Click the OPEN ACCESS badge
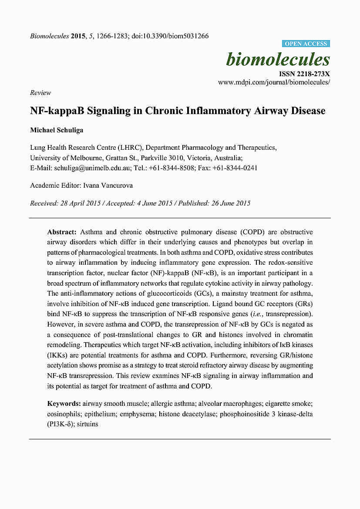pos(306,44)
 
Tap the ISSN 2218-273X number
pos(304,74)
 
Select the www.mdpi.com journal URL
pos(274,82)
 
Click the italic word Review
pos(40,93)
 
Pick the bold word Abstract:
pos(62,232)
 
